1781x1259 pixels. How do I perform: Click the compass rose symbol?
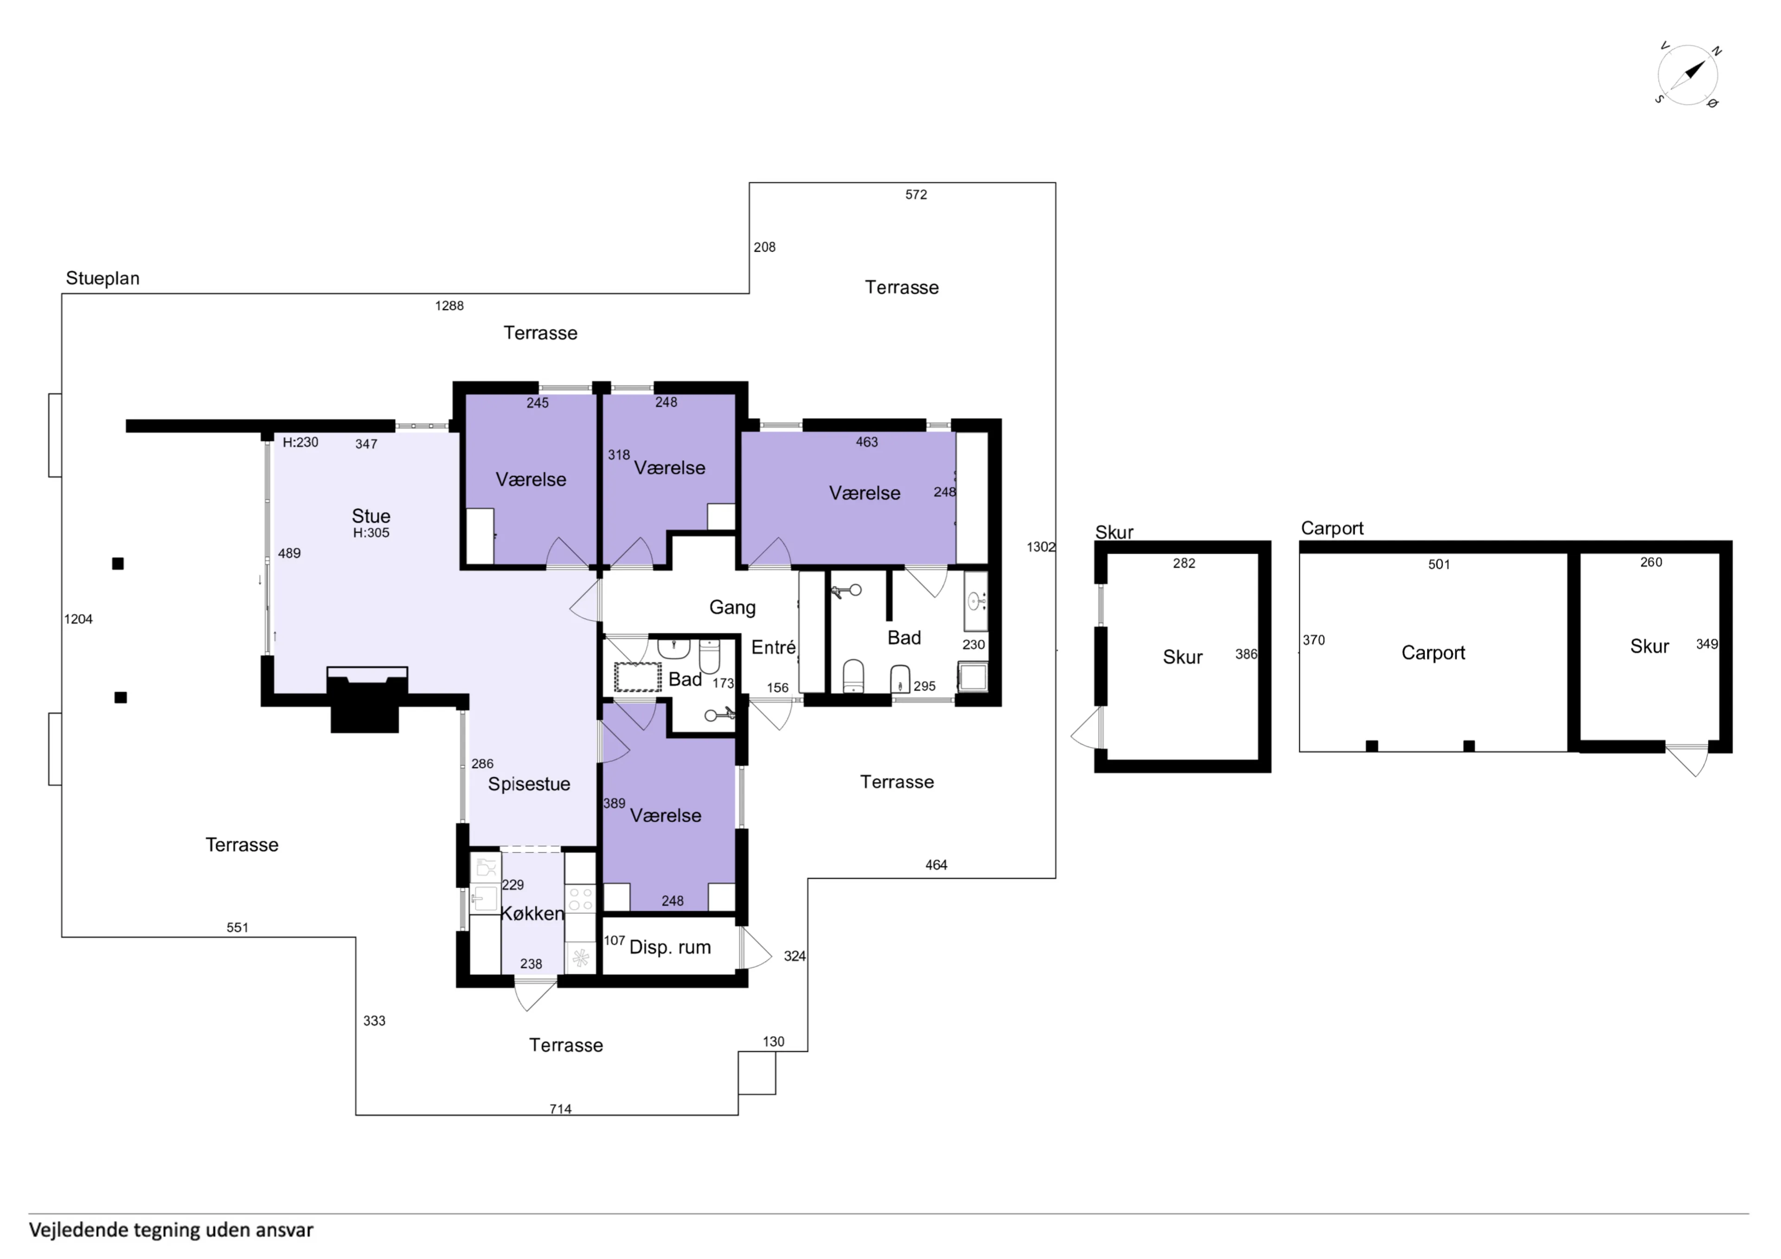1688,75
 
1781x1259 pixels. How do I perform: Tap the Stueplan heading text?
103,279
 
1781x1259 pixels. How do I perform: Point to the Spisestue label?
529,784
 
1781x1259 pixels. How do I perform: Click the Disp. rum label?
670,947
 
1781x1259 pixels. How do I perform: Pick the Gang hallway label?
732,607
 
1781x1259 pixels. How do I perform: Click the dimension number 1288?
449,306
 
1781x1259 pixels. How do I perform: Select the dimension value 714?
560,1109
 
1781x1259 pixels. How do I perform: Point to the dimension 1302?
1041,547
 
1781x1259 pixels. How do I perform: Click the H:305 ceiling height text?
371,533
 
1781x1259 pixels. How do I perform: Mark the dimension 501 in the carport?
1439,565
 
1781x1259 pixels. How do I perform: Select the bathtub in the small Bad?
638,677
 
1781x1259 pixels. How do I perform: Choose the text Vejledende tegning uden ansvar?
172,1230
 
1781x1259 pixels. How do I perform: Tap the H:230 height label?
300,442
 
